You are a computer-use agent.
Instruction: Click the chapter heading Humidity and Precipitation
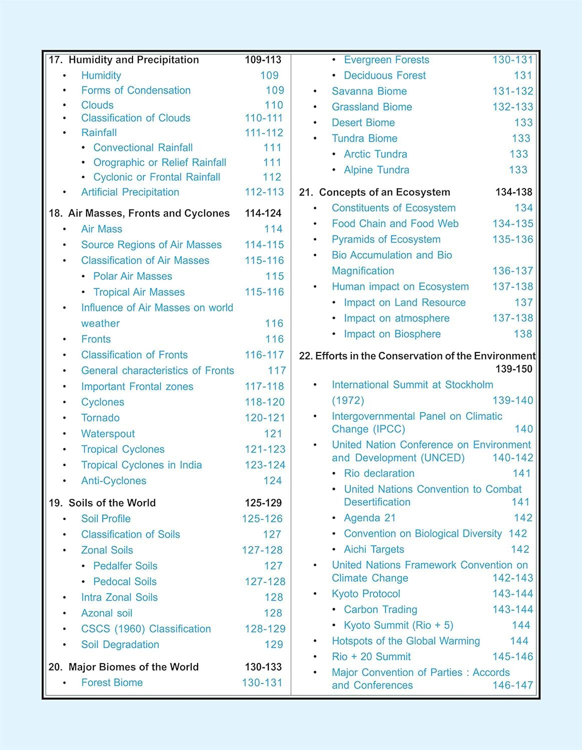[133, 60]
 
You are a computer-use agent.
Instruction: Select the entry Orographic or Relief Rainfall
[160, 162]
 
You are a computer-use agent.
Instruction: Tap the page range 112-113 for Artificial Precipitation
[264, 192]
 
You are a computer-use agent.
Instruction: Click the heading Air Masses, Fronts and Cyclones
[149, 213]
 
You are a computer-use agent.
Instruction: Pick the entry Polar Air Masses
[133, 276]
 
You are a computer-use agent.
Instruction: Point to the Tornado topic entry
[101, 418]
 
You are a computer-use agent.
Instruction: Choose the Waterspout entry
[108, 434]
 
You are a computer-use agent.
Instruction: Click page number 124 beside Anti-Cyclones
[273, 481]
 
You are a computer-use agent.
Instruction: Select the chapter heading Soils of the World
[112, 503]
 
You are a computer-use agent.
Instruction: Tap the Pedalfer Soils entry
[125, 566]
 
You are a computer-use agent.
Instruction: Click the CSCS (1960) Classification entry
[146, 629]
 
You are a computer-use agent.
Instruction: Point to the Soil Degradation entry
[120, 645]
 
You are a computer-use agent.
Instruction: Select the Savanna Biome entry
[369, 91]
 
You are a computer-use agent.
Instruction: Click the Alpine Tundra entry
[376, 170]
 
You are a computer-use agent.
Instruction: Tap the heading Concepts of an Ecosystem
[384, 192]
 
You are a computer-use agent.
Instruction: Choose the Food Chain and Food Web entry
[395, 224]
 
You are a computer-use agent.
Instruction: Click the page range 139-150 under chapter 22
[514, 369]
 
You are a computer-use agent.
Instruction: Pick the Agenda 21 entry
[370, 518]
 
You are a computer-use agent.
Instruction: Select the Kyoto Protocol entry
[366, 594]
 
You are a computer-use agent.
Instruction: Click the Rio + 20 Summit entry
[371, 657]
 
